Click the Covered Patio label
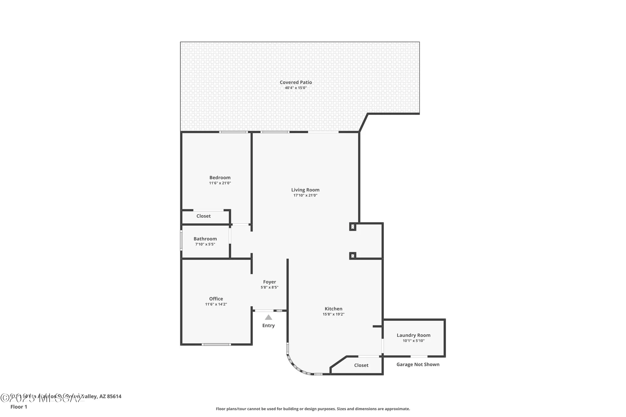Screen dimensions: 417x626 [295, 82]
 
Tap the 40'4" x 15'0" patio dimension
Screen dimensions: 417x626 [295, 88]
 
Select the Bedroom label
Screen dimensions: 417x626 [220, 177]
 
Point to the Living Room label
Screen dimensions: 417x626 [305, 190]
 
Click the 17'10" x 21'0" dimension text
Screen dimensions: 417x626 [305, 195]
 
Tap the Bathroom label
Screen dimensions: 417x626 [205, 239]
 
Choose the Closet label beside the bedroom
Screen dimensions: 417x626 [203, 216]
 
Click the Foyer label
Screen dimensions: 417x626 [269, 282]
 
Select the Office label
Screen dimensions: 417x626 [216, 299]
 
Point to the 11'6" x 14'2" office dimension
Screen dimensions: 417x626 [216, 304]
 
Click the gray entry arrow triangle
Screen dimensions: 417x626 [269, 317]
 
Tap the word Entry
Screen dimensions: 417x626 [269, 325]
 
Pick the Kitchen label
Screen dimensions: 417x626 [333, 309]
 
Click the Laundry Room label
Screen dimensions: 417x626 [413, 335]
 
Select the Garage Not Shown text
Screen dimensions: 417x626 [418, 364]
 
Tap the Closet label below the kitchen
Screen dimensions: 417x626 [361, 365]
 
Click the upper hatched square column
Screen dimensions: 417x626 [352, 226]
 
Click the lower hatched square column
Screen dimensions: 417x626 [352, 256]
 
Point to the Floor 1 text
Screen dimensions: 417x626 [19, 407]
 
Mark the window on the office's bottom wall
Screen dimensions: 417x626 [216, 344]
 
